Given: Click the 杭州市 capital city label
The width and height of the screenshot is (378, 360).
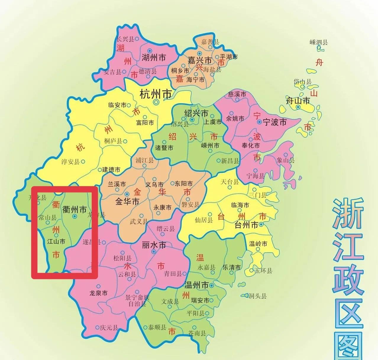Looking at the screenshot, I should click(156, 94).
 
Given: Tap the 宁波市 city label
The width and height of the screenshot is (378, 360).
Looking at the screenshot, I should click(275, 122).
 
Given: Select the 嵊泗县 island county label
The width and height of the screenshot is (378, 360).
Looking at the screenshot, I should click(319, 43).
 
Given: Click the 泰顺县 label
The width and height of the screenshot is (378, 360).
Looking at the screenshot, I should click(157, 327).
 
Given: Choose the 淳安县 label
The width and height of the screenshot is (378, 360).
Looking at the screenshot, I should click(70, 162).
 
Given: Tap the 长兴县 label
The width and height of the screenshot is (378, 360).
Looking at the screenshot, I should click(125, 39).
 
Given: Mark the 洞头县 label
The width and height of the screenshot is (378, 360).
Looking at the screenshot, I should click(257, 296).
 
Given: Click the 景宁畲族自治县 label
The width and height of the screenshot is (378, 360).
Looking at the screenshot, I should click(137, 301).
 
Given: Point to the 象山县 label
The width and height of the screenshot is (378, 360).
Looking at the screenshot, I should click(286, 161).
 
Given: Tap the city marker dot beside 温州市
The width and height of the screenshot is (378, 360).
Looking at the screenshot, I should click(212, 285).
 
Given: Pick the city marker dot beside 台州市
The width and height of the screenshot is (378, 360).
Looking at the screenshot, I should click(261, 225).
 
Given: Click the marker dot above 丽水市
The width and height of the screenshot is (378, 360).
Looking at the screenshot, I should click(154, 252).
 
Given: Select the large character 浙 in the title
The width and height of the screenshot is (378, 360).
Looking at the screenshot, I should click(348, 213).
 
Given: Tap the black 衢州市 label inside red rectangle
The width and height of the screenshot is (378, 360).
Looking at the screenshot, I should click(75, 210).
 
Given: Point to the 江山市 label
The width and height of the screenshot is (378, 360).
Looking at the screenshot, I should click(56, 241).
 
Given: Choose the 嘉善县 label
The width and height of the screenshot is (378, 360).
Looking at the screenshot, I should click(210, 42).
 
